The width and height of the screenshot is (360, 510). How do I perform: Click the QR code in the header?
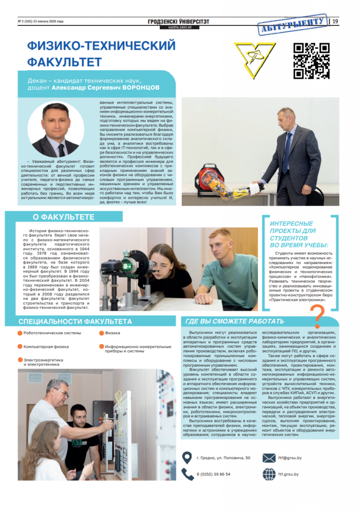[311, 61]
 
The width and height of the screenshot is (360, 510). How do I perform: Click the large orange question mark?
[317, 315]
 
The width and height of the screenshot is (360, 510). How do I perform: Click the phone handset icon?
[187, 474]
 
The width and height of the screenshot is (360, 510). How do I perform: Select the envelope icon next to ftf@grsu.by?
[269, 458]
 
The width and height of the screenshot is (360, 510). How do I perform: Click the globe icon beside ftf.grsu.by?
[269, 474]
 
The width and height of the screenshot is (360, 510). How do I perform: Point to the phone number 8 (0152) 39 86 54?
[214, 474]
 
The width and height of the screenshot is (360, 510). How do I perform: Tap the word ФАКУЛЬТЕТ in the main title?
[64, 62]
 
